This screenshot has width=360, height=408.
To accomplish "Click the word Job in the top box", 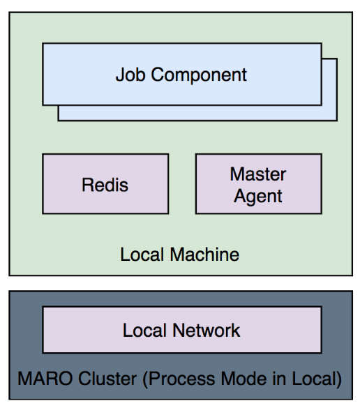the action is (130, 75).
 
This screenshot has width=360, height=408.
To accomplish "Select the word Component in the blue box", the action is (199, 75).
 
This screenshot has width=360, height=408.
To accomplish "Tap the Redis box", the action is (105, 184).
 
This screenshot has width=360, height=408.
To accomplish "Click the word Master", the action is (258, 174).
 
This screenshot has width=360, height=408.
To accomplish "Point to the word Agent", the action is (258, 197).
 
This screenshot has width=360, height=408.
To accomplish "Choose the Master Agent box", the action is (259, 184).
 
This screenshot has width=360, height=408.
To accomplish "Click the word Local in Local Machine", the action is (142, 255).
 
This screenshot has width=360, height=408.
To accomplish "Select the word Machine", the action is (204, 255).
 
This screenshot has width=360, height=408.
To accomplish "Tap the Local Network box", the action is (182, 330).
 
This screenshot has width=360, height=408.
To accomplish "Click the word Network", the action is (206, 330).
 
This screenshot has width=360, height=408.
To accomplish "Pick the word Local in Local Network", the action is (144, 330).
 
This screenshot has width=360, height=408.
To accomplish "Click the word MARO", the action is (45, 378).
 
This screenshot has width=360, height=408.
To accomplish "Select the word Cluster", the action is (107, 378).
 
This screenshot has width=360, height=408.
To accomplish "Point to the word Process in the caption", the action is (179, 379).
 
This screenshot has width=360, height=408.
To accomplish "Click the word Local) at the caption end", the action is (317, 379).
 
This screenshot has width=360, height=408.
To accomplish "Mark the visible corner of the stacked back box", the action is (337, 121).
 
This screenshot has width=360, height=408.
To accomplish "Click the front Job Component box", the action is (182, 74).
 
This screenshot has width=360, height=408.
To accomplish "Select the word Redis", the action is (105, 185).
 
